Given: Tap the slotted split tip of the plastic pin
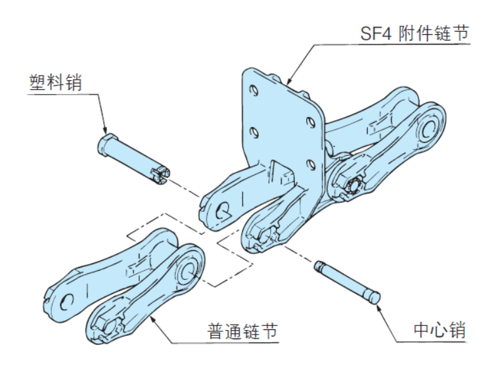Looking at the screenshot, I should pyautogui.click(x=160, y=175).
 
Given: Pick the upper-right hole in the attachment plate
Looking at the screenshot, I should pyautogui.click(x=309, y=123).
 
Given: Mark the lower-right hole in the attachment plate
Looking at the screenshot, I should pyautogui.click(x=310, y=160).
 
